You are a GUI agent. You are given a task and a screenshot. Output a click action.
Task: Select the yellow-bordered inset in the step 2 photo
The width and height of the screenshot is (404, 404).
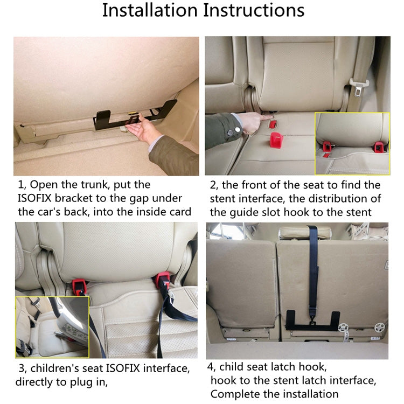(x=352, y=143)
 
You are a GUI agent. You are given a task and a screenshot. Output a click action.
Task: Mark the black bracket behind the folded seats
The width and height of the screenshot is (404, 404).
(x=312, y=319)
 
